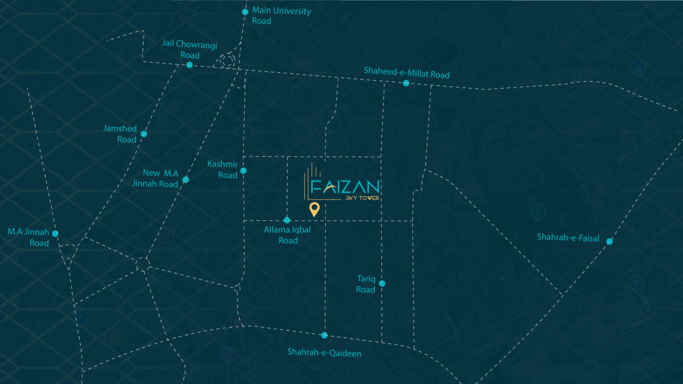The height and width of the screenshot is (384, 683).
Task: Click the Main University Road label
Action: (x=281, y=16)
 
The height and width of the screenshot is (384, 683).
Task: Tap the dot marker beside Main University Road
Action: (x=245, y=12)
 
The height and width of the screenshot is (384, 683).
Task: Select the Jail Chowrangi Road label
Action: (x=189, y=49)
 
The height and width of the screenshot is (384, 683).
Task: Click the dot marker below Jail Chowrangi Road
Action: (x=189, y=65)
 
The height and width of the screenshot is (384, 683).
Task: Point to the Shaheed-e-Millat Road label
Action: (x=406, y=72)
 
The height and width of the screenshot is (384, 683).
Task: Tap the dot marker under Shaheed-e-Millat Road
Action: (x=406, y=83)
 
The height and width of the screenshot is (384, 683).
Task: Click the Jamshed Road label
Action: (x=120, y=134)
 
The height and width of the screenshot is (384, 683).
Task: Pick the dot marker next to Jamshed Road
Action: (x=144, y=134)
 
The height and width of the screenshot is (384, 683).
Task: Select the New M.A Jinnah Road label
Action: (x=155, y=178)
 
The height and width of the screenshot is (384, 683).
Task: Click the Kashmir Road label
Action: (x=222, y=169)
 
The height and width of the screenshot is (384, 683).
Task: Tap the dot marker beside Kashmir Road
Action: (x=243, y=171)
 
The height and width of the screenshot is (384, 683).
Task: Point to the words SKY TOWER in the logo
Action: (x=362, y=198)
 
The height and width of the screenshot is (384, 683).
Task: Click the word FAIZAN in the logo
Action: (x=345, y=187)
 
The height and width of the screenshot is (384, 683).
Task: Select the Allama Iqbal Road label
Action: (x=287, y=235)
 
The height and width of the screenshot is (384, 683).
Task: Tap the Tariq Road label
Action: (x=366, y=284)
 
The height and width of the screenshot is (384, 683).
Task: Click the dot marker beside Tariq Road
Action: (x=382, y=284)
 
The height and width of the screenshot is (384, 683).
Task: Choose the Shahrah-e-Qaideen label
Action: (x=324, y=353)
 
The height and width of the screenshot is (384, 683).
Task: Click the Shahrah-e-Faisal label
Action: (x=568, y=237)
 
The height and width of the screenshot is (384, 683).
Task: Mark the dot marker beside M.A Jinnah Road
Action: (x=55, y=233)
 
